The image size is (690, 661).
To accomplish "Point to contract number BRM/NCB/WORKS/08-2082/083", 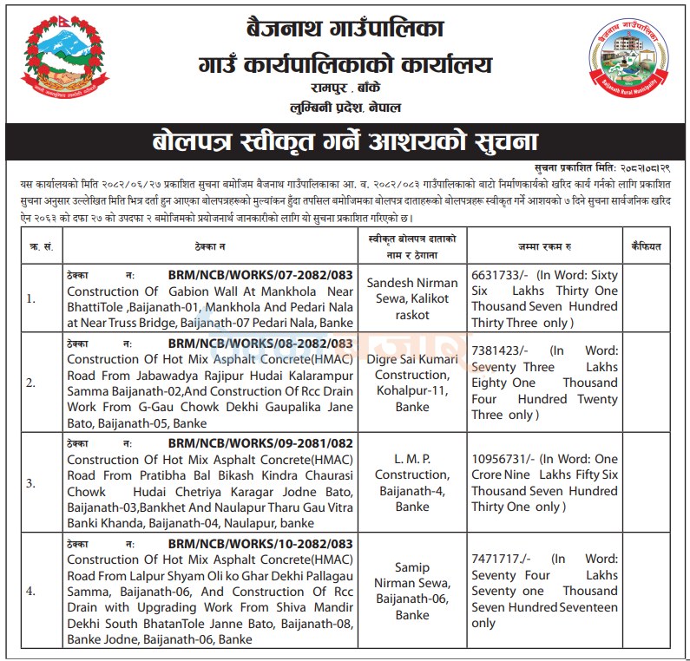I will [261, 343].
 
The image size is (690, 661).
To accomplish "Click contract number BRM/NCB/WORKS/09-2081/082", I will [261, 443].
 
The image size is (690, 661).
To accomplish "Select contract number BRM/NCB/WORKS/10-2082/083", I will [261, 544].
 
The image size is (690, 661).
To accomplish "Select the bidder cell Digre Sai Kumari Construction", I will [411, 383].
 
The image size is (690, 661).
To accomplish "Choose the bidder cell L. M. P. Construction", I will [411, 482].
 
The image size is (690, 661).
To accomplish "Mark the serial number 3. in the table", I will [31, 482].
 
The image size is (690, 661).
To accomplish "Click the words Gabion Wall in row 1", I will [199, 291].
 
